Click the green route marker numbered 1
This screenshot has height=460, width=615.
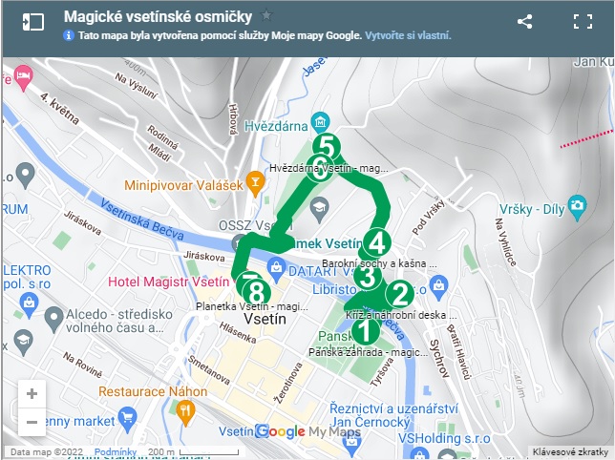pyautogui.click(x=364, y=331)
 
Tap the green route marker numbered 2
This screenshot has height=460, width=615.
pyautogui.click(x=398, y=294)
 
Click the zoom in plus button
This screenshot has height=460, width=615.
pyautogui.click(x=32, y=393)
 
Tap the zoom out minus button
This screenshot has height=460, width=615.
pyautogui.click(x=32, y=421)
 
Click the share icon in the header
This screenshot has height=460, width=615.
pyautogui.click(x=524, y=21)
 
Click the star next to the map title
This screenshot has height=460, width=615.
pyautogui.click(x=266, y=15)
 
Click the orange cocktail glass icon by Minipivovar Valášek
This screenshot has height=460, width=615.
pyautogui.click(x=255, y=179)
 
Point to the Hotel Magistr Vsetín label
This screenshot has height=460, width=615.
pyautogui.click(x=168, y=282)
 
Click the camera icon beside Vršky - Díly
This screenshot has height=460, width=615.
pyautogui.click(x=576, y=205)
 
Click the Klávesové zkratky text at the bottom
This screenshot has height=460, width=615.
pyautogui.click(x=571, y=451)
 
